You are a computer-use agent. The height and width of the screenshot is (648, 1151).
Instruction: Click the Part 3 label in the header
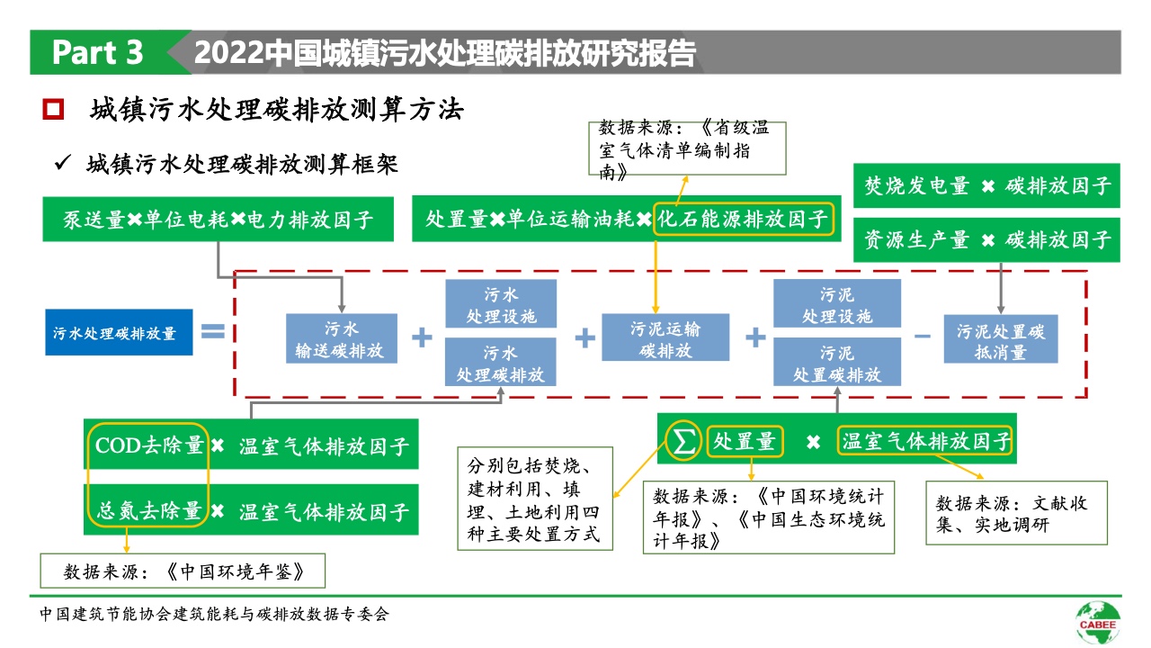[97, 53]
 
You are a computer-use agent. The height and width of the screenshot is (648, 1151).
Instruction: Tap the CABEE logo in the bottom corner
[1098, 620]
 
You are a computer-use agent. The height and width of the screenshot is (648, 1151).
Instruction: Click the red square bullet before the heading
[54, 111]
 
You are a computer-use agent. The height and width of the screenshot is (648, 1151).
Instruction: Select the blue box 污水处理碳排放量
[120, 333]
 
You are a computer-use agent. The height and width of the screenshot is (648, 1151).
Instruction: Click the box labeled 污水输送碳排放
[341, 338]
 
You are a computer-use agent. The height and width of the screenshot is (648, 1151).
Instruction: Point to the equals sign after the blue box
[212, 332]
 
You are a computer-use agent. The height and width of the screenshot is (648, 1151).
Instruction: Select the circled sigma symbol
[684, 442]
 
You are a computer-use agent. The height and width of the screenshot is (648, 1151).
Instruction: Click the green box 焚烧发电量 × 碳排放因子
[986, 187]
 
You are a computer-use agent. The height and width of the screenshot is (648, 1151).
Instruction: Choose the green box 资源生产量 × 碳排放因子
[986, 240]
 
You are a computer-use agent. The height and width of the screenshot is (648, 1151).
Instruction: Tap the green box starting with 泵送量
[218, 220]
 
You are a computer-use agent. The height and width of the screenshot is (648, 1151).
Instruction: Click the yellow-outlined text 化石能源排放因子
[744, 220]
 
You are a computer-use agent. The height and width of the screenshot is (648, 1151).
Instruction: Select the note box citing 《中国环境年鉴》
[183, 571]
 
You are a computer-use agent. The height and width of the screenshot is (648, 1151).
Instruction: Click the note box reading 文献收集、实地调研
[1016, 513]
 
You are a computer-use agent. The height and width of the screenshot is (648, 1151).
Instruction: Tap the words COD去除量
[149, 445]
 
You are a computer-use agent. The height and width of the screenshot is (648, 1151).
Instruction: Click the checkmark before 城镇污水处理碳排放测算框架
[63, 165]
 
